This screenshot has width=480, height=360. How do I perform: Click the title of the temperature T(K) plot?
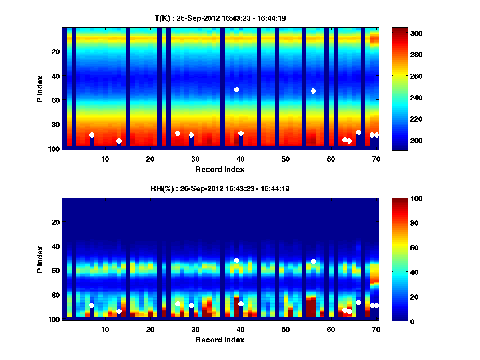click(x=220, y=18)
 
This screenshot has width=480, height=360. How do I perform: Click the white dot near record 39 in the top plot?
click(x=236, y=90)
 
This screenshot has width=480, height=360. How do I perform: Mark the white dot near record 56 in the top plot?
click(x=313, y=91)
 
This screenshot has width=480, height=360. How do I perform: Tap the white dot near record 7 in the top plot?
click(x=92, y=135)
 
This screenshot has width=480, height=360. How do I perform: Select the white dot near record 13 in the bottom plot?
click(x=119, y=311)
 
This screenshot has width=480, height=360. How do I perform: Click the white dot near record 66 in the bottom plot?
click(x=358, y=302)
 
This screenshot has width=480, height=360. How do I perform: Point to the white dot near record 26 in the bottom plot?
click(x=178, y=304)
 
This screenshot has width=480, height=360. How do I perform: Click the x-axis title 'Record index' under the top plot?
click(x=220, y=169)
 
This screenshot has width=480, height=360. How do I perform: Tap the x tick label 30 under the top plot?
click(x=195, y=159)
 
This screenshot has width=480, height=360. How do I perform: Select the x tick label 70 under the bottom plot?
click(x=376, y=330)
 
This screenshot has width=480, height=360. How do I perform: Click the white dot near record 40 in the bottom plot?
click(x=241, y=304)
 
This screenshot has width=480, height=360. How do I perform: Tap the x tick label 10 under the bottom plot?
click(x=105, y=330)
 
